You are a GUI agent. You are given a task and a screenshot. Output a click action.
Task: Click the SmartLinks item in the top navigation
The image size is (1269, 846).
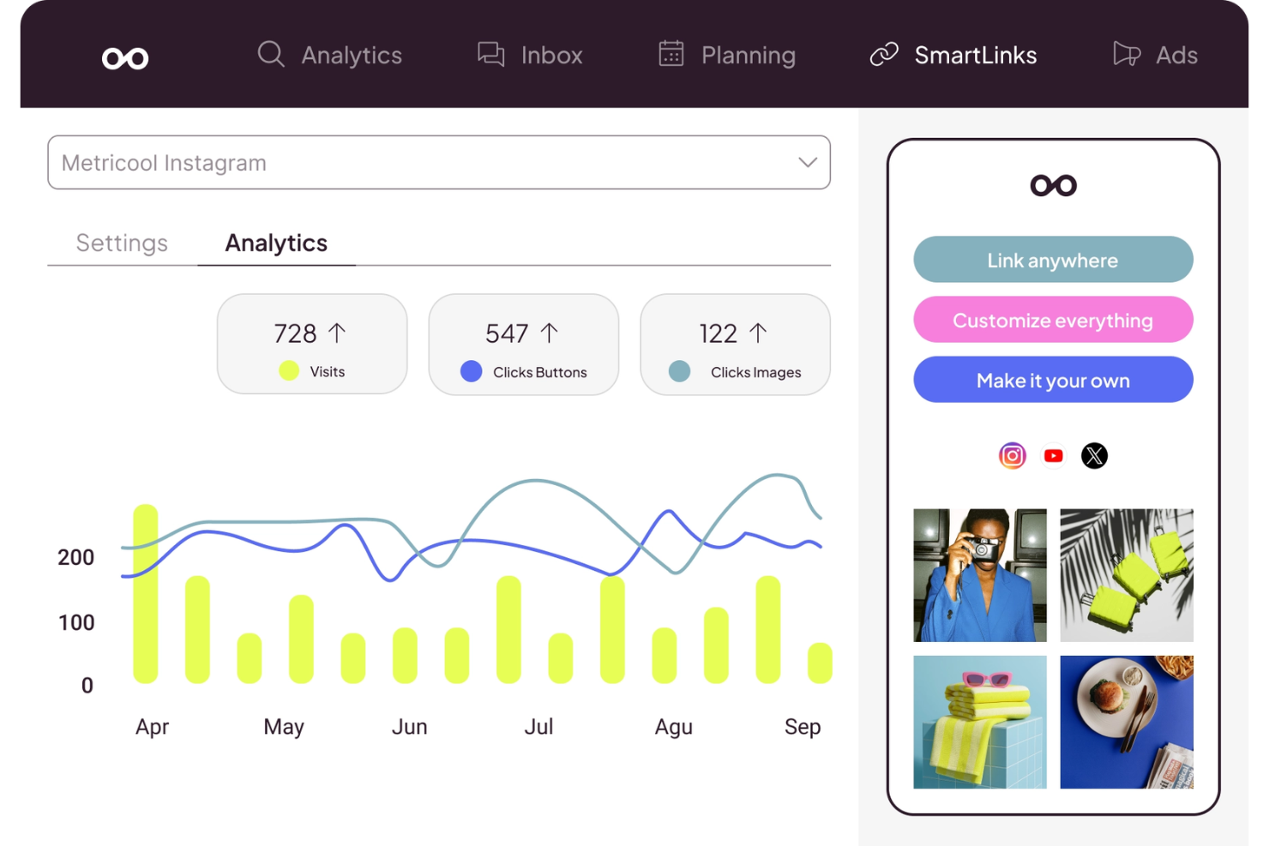point(974,56)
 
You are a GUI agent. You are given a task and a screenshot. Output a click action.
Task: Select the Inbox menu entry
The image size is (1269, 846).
point(550,56)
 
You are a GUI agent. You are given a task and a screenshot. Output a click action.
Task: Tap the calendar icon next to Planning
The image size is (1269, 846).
point(671,54)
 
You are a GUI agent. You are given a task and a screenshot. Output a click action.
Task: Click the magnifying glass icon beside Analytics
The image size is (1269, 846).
point(271,54)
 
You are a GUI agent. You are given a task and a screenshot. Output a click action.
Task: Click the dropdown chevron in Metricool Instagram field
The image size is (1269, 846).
point(807,162)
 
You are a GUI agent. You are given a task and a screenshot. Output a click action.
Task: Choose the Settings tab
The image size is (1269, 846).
point(122,243)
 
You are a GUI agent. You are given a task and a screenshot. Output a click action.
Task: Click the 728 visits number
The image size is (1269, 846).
point(295,333)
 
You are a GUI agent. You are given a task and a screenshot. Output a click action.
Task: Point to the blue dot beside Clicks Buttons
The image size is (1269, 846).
point(471,371)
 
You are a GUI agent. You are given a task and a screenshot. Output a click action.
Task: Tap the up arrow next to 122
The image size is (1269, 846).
point(758,333)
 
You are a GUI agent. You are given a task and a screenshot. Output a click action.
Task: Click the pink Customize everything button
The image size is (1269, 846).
point(1053,321)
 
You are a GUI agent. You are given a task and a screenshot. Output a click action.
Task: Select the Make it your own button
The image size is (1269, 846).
point(1053,381)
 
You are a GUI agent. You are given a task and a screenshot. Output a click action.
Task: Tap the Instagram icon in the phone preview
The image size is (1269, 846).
point(1012,456)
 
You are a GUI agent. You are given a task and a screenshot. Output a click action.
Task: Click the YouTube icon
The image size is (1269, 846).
point(1053,456)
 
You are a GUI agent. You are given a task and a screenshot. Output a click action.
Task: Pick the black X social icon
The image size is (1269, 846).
point(1094,456)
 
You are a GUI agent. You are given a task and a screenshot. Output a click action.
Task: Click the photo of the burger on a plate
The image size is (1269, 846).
point(1126,722)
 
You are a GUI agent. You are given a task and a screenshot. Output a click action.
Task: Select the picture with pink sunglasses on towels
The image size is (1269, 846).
point(979,722)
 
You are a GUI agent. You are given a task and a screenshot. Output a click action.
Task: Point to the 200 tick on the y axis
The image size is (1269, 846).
point(75,558)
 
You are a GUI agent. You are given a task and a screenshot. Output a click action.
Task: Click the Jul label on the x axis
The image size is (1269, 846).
point(538,727)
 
